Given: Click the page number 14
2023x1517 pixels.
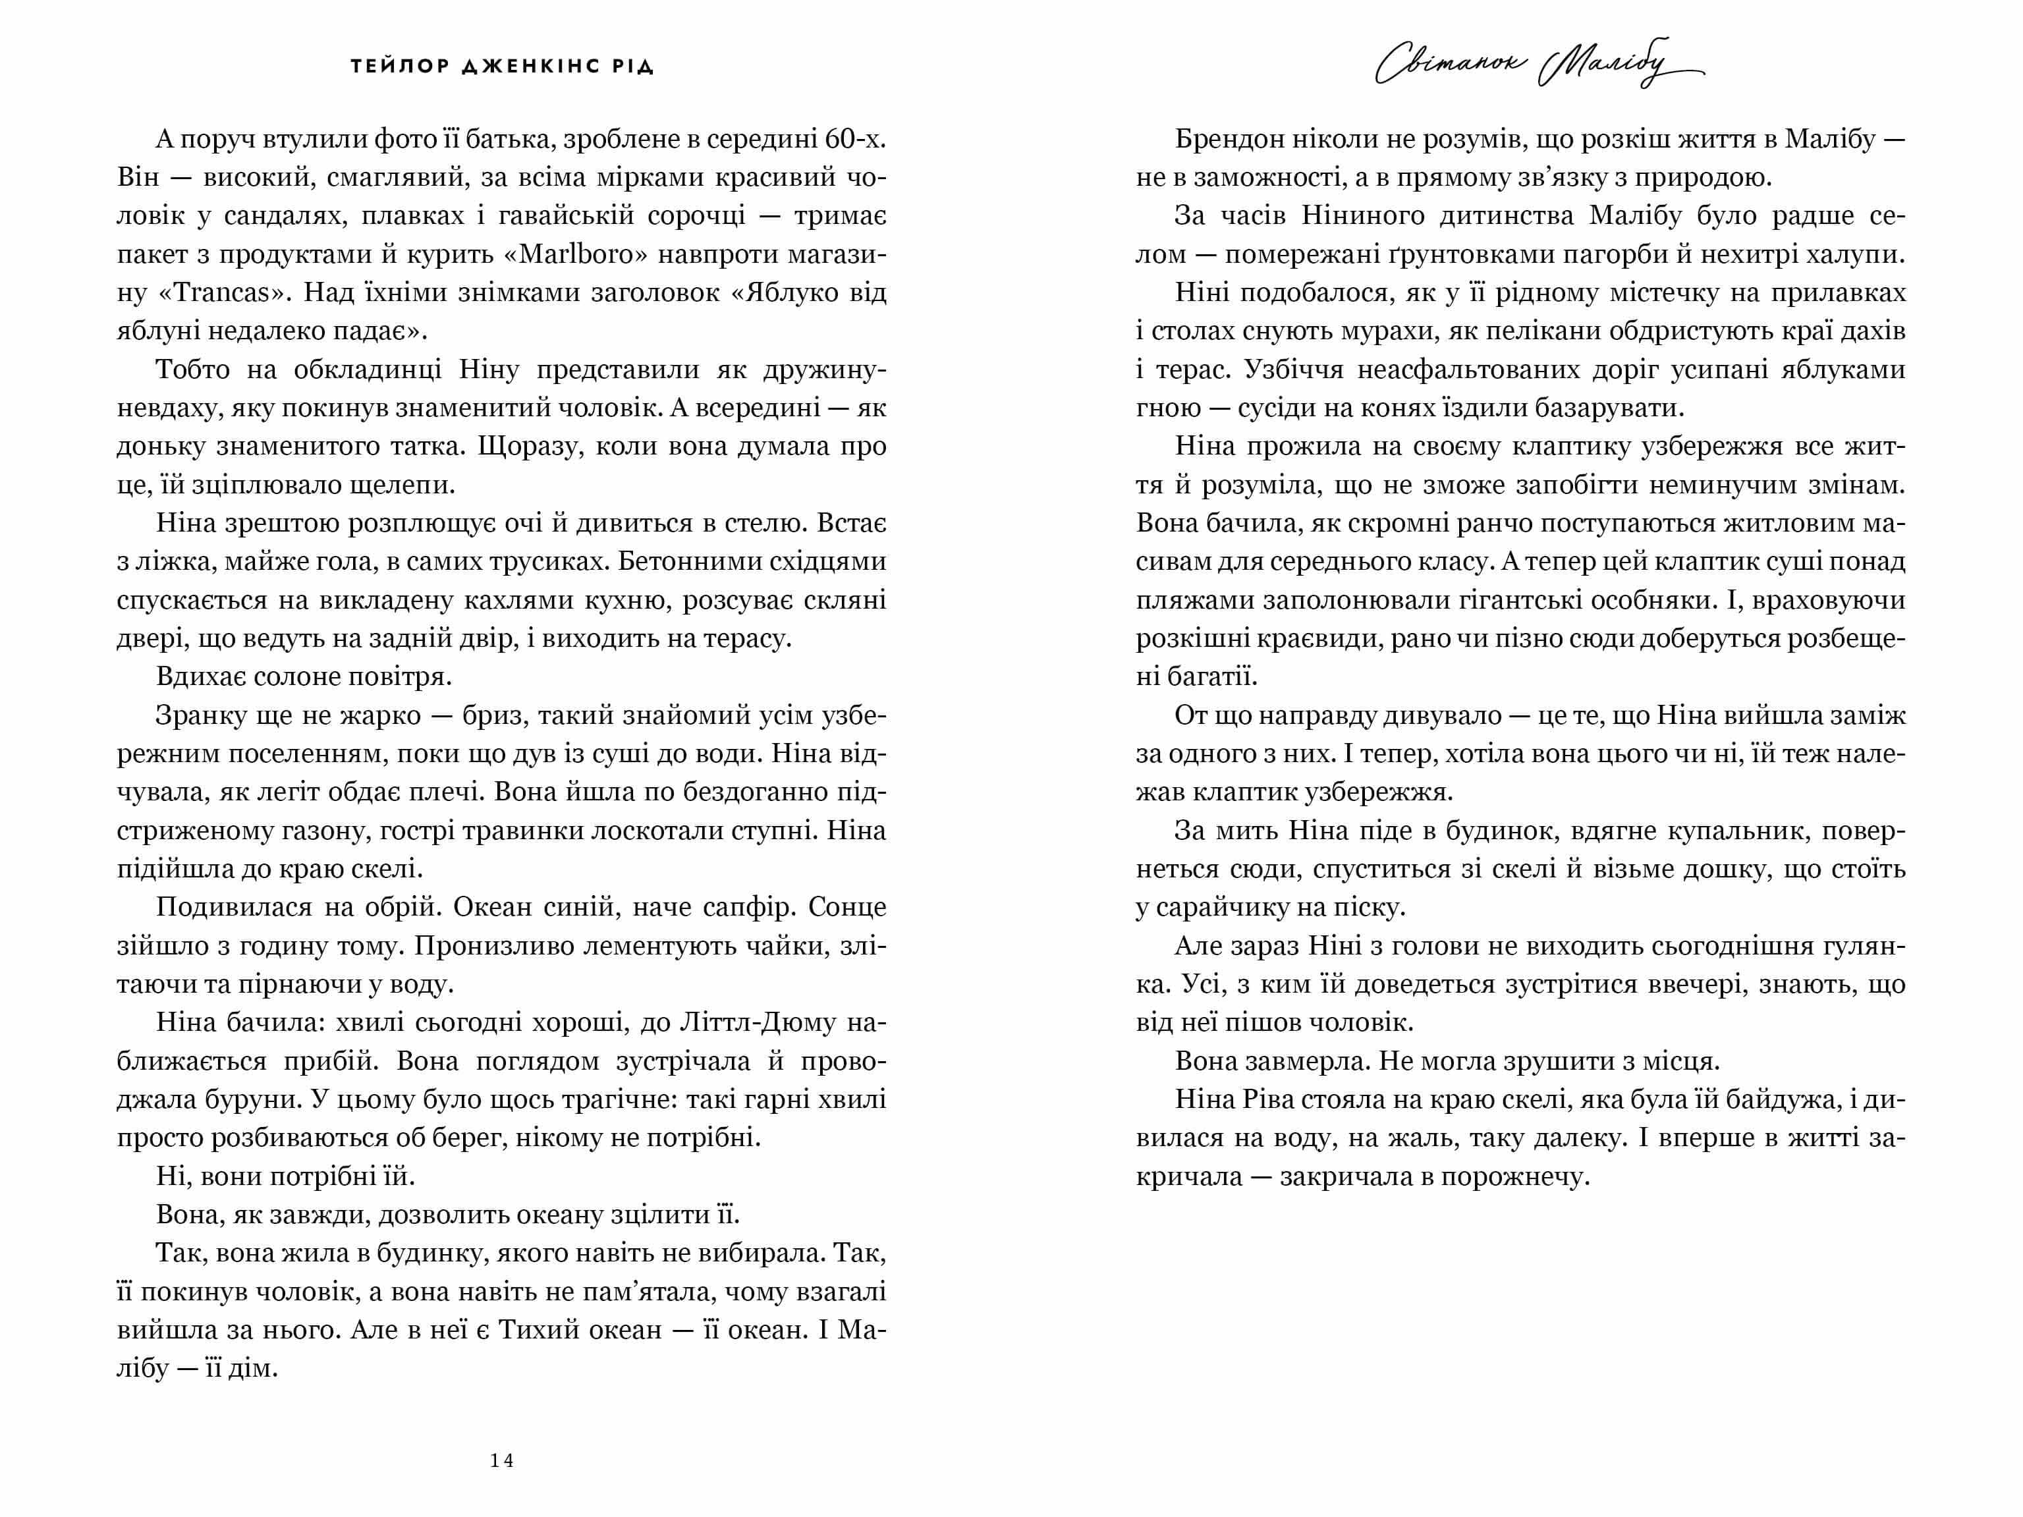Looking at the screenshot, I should pos(501,1461).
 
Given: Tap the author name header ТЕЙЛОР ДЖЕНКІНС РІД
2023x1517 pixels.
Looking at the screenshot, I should pos(502,67).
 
